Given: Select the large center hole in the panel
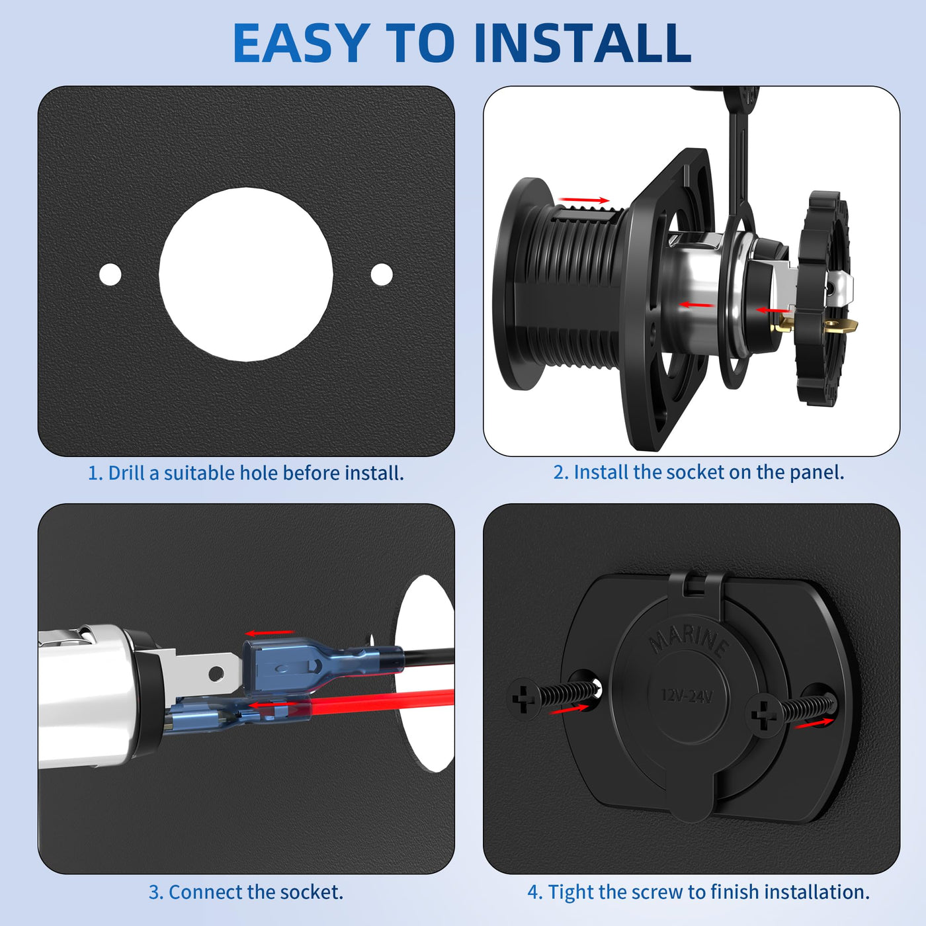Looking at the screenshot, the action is (x=246, y=274).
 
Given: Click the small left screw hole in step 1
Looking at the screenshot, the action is (x=110, y=274).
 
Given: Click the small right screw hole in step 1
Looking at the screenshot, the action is (x=382, y=274).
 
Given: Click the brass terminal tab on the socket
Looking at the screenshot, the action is (x=841, y=326).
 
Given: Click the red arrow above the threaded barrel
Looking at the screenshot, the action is (x=583, y=200).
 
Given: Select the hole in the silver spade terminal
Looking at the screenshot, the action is (x=216, y=674).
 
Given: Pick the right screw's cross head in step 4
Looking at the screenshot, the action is (x=763, y=718).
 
